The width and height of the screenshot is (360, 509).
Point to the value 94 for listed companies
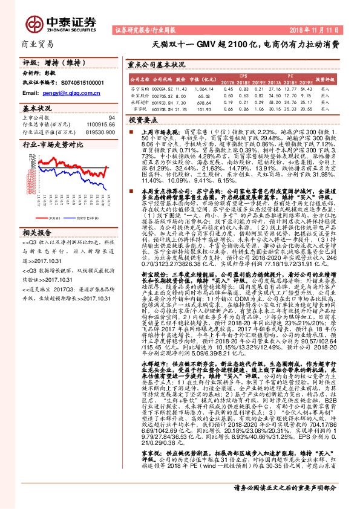[x=111, y=118]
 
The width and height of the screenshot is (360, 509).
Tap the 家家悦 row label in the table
[x=140, y=110]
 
